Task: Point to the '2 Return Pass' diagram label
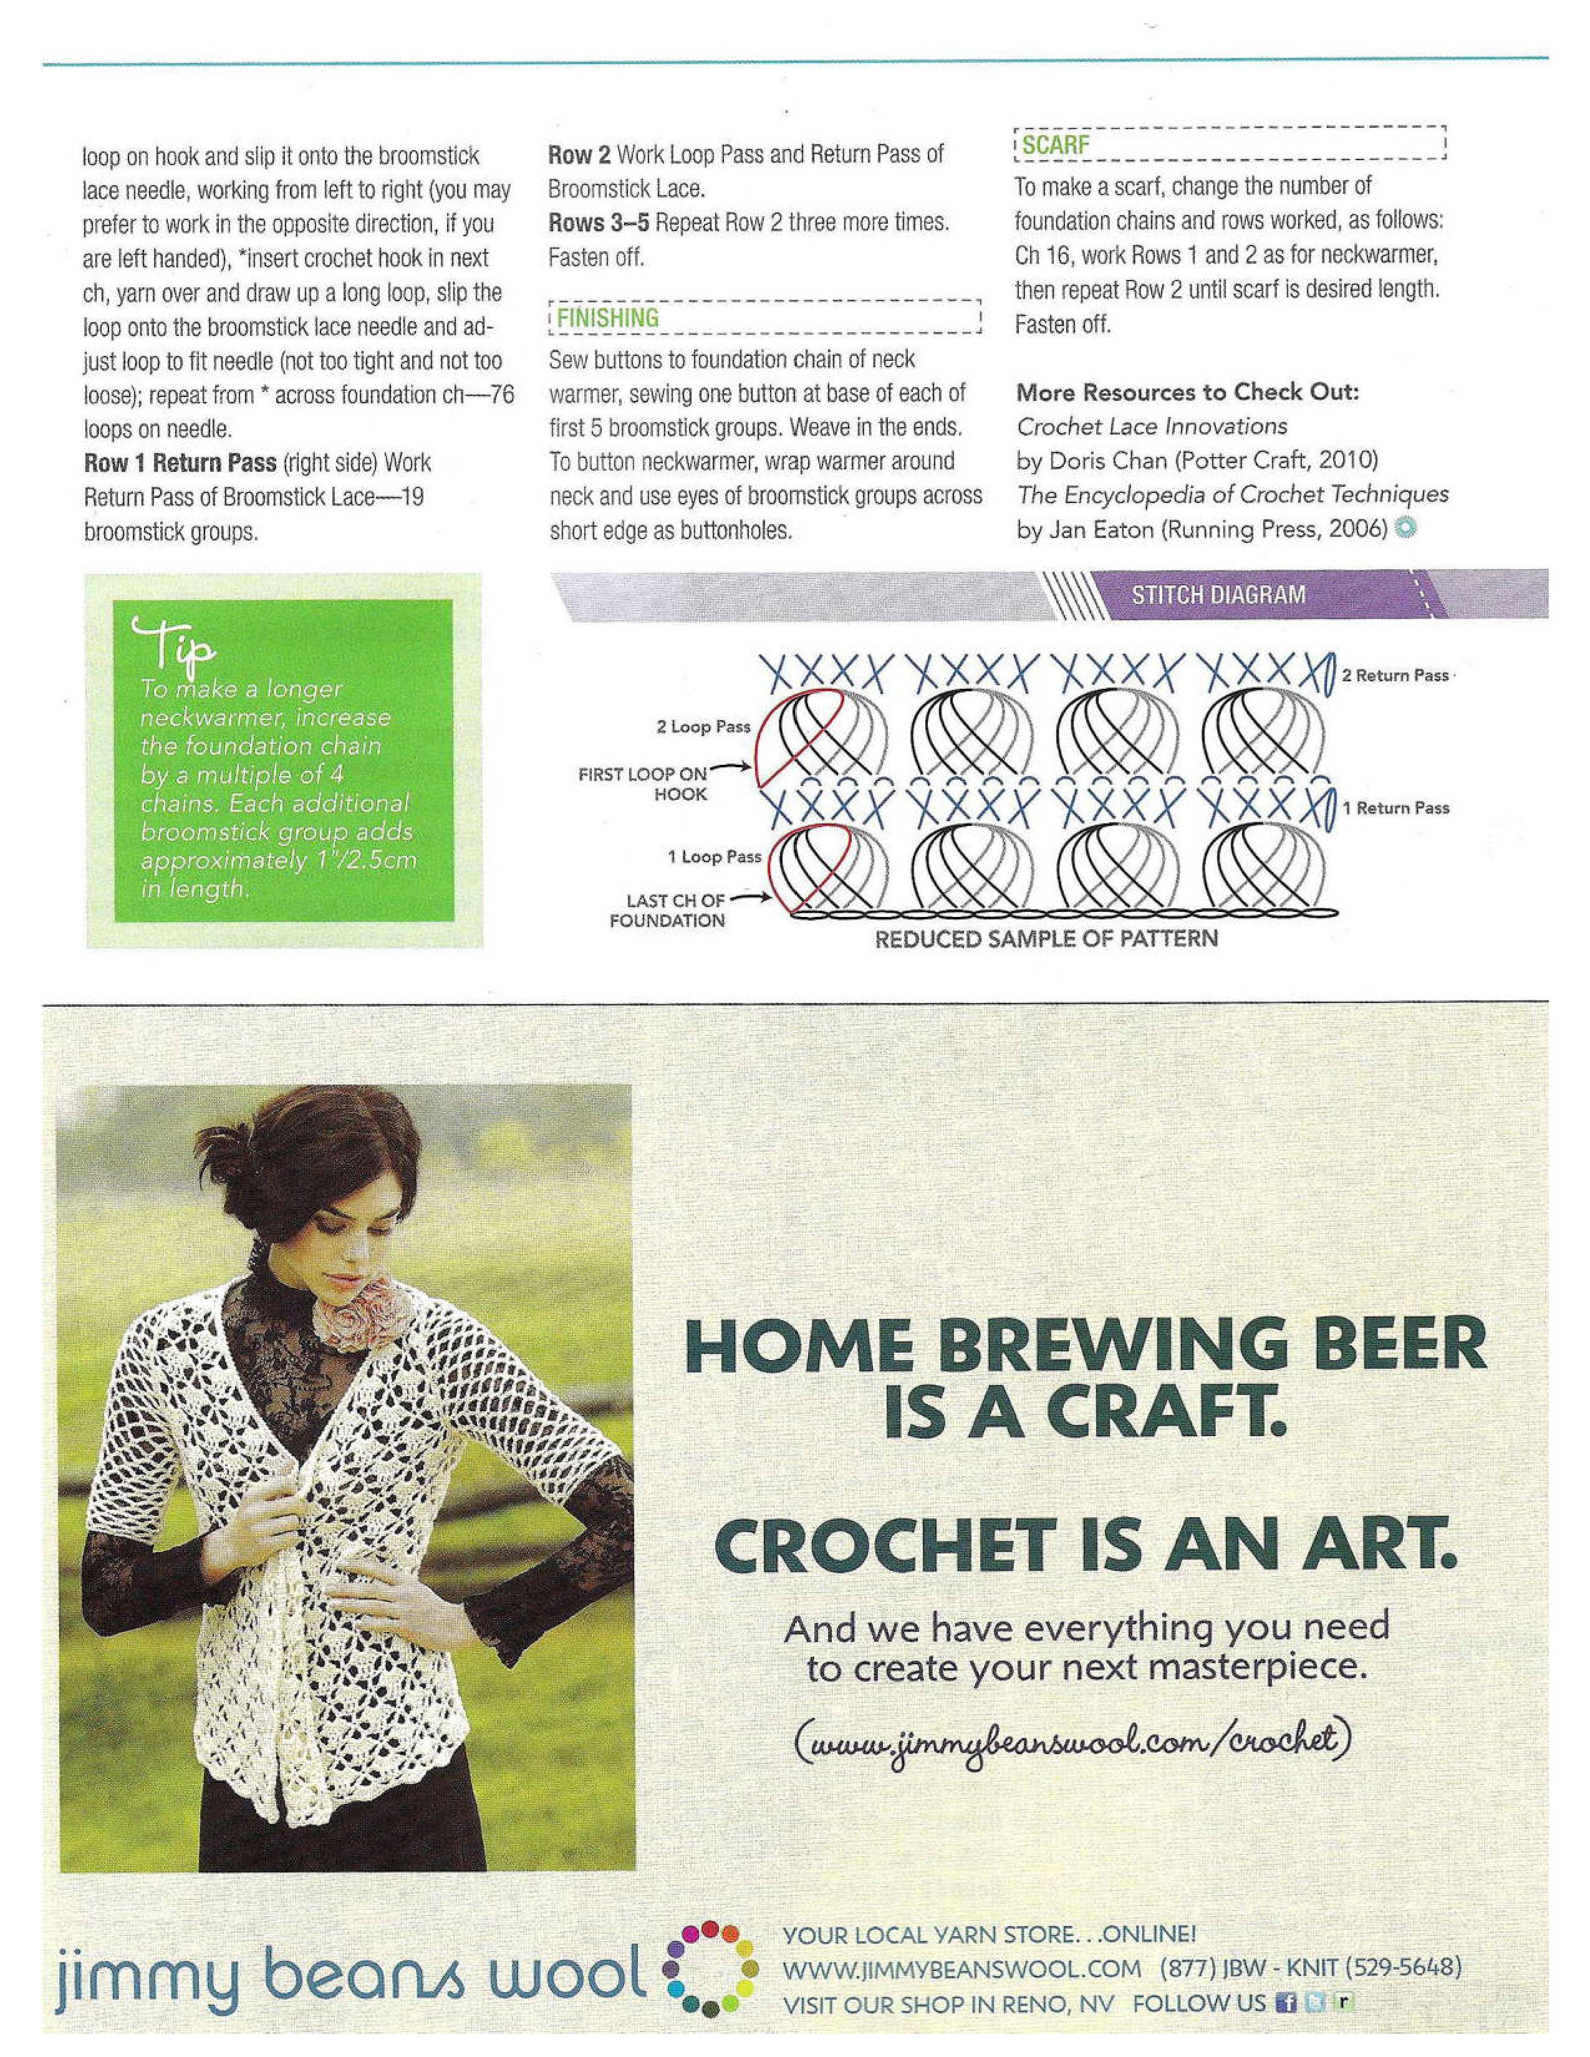tap(1395, 675)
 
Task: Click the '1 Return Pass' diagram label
tap(1395, 808)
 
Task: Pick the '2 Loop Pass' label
tap(703, 727)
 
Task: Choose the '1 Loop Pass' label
tap(713, 857)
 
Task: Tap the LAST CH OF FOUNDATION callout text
tap(667, 911)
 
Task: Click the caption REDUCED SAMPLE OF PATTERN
tap(1046, 939)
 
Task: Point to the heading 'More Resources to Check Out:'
tap(1187, 392)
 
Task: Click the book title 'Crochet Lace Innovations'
tap(1151, 426)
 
